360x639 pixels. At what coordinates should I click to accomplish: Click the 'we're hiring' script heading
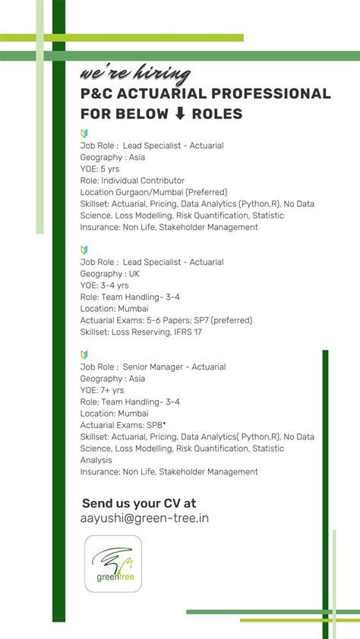coord(135,74)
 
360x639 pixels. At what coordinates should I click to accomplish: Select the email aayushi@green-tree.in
coord(144,518)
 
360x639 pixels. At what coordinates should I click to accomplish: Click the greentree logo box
coord(113,564)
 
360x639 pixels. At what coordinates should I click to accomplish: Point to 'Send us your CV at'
coord(138,502)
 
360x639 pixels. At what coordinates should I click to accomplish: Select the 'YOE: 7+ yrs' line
coord(102,390)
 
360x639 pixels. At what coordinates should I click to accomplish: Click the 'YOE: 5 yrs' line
coord(99,168)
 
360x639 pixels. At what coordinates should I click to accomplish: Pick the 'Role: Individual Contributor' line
coord(132,181)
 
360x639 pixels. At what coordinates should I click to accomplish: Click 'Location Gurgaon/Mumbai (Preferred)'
coord(153,192)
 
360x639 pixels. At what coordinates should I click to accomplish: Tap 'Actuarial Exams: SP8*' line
coord(123,425)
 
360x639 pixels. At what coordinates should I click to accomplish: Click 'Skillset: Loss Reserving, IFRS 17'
coord(152,332)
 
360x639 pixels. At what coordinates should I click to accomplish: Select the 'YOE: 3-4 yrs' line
coord(105,285)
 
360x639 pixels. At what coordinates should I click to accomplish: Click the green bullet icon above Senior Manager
coord(84,354)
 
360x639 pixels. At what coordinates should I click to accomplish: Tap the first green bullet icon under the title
coord(84,133)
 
